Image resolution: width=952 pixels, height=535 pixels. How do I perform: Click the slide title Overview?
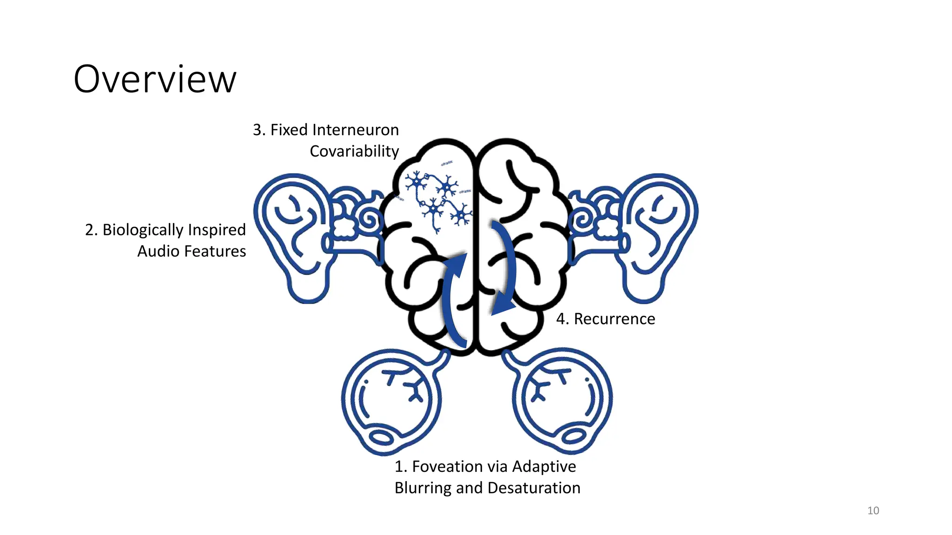point(155,79)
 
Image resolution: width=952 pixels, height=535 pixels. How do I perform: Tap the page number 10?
point(873,510)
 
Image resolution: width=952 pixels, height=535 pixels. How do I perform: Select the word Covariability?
point(354,151)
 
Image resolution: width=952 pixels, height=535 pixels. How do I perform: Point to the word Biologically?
point(143,230)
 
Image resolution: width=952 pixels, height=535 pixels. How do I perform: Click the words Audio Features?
point(192,251)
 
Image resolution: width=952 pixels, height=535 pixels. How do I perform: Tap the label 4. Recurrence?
point(605,319)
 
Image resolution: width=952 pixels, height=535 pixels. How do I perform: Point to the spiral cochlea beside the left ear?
point(370,220)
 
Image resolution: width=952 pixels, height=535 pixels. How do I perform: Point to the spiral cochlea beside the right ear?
point(582,220)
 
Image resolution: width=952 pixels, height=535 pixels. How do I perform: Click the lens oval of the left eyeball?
point(381,437)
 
